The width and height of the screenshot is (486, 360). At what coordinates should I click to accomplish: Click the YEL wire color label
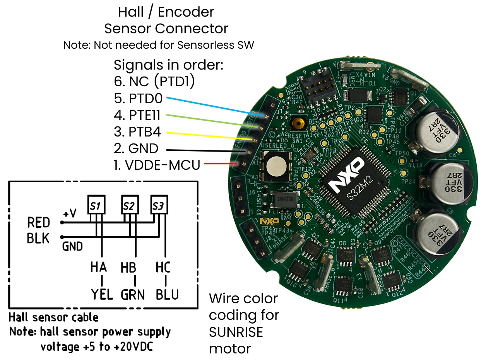(101, 295)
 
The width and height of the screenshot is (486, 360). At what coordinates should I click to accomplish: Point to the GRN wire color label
(132, 295)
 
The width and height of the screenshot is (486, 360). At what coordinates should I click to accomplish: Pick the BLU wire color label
(167, 295)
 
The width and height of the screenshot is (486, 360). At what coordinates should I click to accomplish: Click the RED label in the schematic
(39, 223)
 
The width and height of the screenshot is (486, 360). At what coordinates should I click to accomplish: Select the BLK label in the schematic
(38, 239)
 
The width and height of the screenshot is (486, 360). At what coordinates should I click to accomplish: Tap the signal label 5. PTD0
(138, 99)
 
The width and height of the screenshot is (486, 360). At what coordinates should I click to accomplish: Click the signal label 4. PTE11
(137, 115)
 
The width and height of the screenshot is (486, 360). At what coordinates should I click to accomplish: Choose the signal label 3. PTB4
(137, 132)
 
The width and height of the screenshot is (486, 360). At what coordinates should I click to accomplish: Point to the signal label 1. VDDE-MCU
(157, 165)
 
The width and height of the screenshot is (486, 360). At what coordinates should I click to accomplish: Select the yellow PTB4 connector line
(209, 136)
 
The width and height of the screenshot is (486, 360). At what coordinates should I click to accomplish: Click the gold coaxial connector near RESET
(298, 124)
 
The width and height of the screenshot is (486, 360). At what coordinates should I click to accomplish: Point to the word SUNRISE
(236, 332)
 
